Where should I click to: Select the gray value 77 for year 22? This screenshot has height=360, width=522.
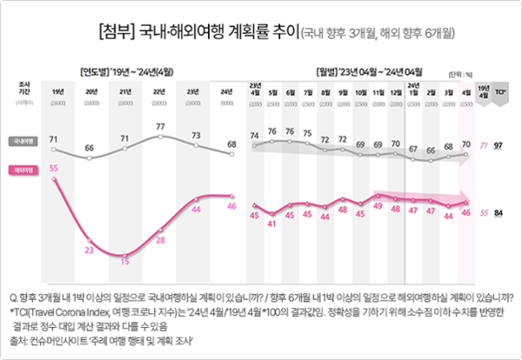pos(160,127)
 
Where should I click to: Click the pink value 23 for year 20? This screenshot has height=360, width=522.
pos(89,250)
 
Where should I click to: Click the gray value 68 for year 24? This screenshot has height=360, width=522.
pos(231,144)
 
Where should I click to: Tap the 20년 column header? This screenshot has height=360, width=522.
pos(90,91)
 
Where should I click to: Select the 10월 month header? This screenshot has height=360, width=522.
pos(360,90)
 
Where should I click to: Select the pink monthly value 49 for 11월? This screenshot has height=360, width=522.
pos(378,206)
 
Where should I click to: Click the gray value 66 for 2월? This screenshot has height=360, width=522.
pos(431,150)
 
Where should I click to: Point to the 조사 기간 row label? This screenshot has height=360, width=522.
pos(24,88)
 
